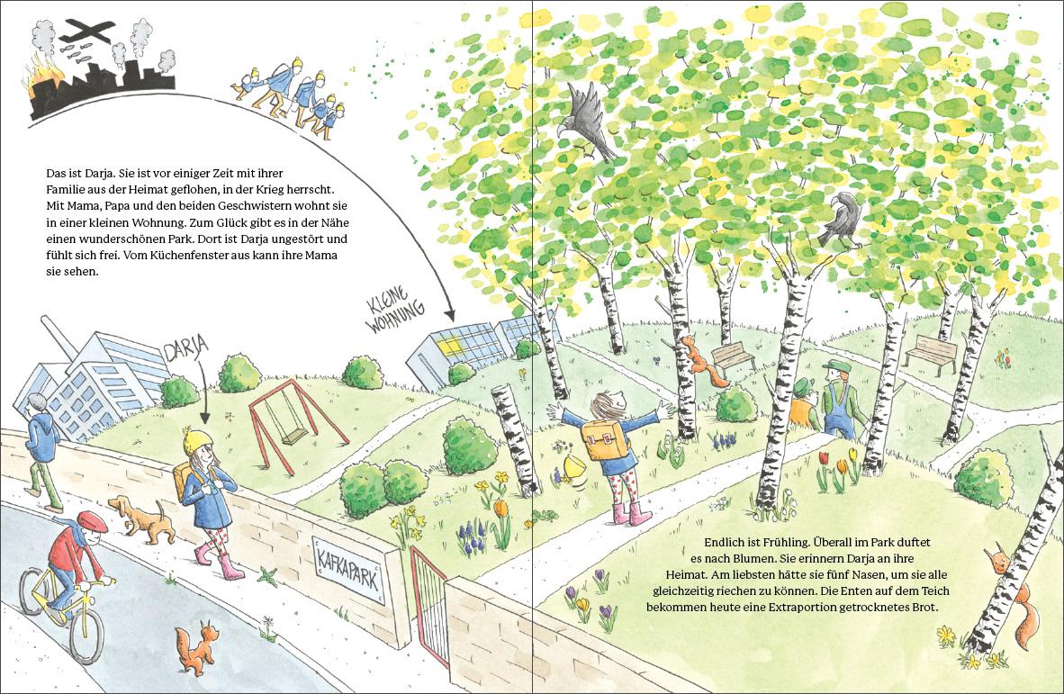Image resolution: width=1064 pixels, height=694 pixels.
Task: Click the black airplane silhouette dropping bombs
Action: pyautogui.click(x=86, y=30)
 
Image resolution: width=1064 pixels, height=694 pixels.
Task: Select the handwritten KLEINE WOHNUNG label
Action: pyautogui.click(x=395, y=310)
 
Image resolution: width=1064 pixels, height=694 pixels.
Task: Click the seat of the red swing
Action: pyautogui.click(x=294, y=437)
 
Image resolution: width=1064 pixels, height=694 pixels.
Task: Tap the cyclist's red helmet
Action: pyautogui.click(x=93, y=521)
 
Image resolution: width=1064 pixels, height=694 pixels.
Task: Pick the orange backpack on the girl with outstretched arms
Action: pyautogui.click(x=605, y=438)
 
